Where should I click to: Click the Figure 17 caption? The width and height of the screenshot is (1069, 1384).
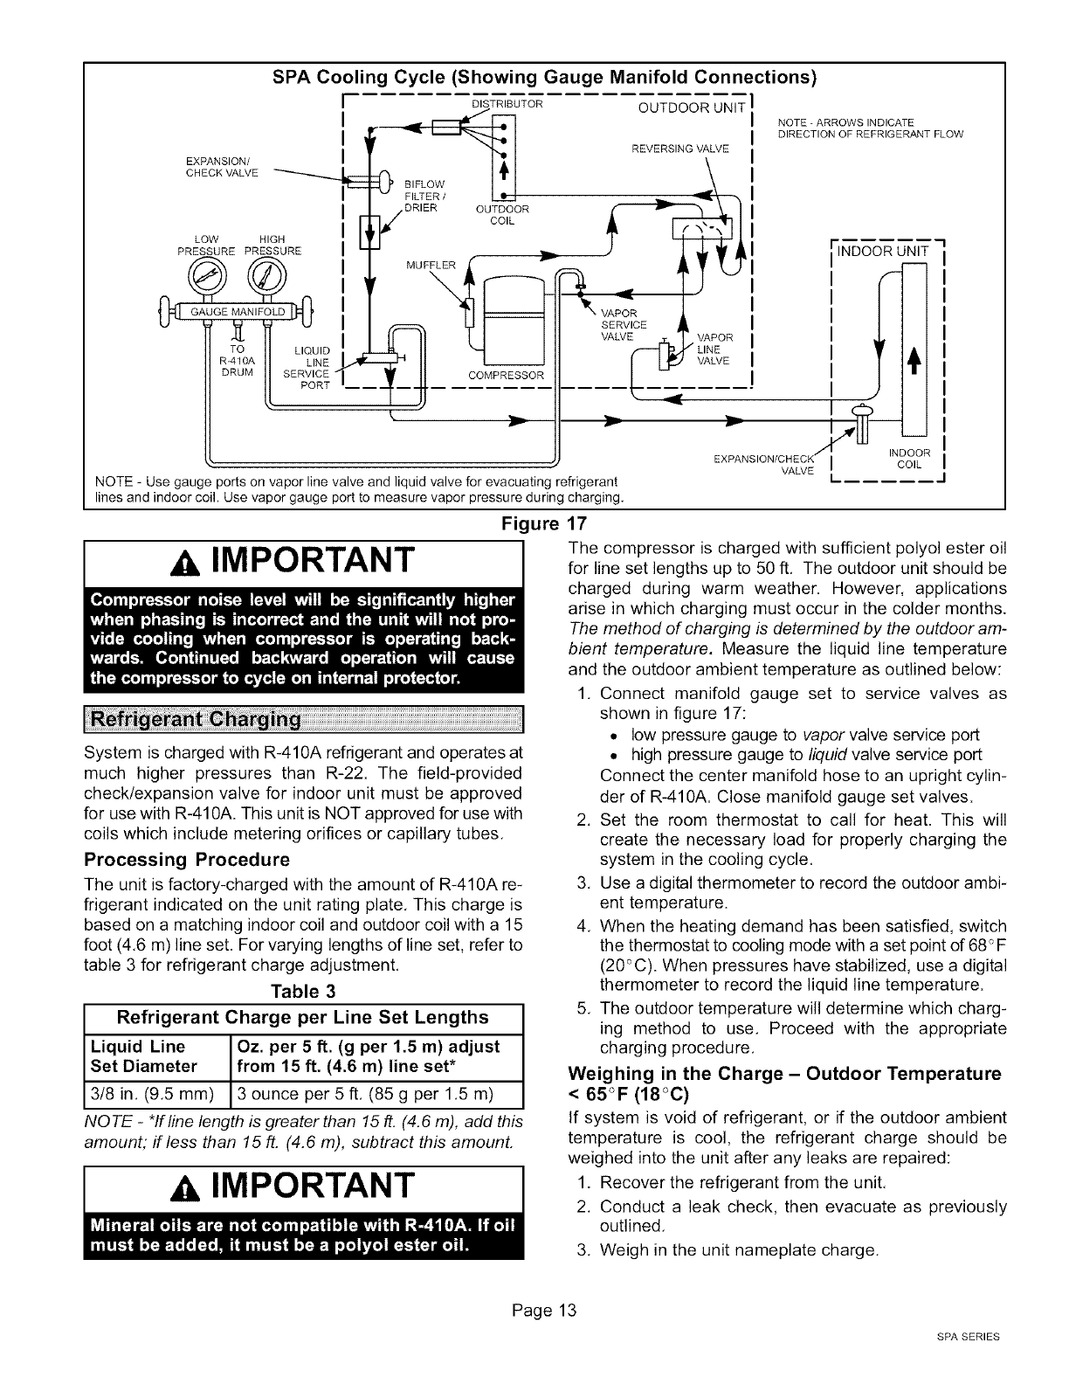534,524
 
